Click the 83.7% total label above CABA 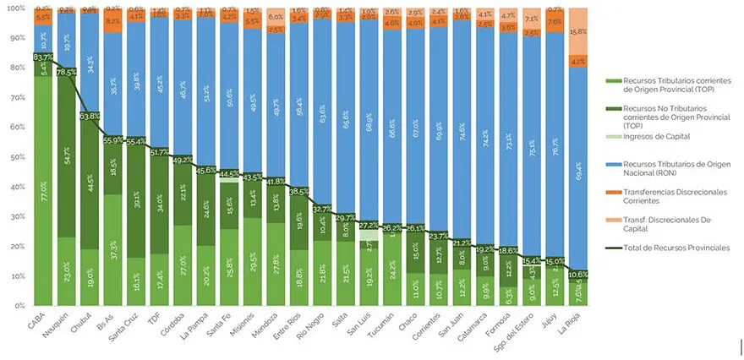[43, 57]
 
